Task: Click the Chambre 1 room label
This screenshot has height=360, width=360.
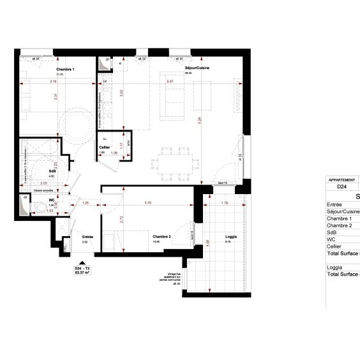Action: [x=66, y=69]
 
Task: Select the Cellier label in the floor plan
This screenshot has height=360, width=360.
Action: [x=104, y=147]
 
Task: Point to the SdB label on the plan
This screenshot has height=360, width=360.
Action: [x=52, y=172]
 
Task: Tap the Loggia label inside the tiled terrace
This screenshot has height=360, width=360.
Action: [x=231, y=237]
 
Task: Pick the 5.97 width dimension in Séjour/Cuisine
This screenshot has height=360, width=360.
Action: [x=170, y=82]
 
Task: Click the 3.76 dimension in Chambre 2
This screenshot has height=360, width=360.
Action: [x=147, y=203]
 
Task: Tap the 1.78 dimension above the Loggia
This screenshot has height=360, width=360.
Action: [x=224, y=203]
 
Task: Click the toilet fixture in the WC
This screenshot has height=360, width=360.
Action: [x=41, y=206]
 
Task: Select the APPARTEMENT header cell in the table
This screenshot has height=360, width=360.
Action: [x=341, y=180]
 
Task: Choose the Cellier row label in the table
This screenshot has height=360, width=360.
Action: [x=334, y=246]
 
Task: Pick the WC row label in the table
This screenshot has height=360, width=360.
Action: [x=331, y=239]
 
